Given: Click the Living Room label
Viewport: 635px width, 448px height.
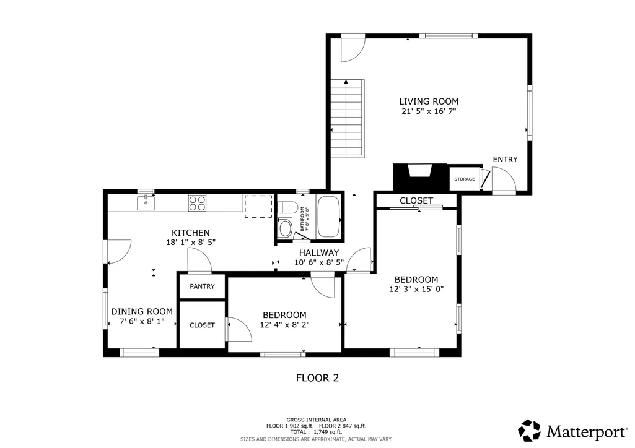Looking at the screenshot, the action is click(x=429, y=101).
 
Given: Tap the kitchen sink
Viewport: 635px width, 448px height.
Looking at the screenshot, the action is click(x=146, y=202).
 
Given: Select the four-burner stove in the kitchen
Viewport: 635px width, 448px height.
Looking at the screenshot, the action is click(x=197, y=202).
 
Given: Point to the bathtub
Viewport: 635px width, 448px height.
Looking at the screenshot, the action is click(x=328, y=217).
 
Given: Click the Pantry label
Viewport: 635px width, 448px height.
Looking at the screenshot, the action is click(x=202, y=286).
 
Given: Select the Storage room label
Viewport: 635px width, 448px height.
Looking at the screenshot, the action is click(x=464, y=179).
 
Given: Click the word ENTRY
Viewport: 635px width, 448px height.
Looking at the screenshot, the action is click(x=505, y=159).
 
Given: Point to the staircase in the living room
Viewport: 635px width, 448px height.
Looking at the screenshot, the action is click(x=348, y=118).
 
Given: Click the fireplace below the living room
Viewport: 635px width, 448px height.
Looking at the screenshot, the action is click(x=420, y=177).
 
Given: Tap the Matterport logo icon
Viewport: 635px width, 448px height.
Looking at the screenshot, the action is click(x=529, y=431).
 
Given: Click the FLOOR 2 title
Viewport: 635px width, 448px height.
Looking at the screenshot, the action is click(x=317, y=378).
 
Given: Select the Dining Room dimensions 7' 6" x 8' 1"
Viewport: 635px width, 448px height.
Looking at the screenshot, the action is click(x=142, y=322).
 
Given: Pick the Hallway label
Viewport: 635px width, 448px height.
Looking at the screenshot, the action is click(x=318, y=252).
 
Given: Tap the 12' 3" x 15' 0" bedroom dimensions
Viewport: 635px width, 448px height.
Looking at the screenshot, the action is click(x=416, y=289).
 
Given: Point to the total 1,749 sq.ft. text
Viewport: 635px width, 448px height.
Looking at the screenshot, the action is click(x=317, y=432).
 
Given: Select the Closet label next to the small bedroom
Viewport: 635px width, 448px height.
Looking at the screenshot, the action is click(x=202, y=325).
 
